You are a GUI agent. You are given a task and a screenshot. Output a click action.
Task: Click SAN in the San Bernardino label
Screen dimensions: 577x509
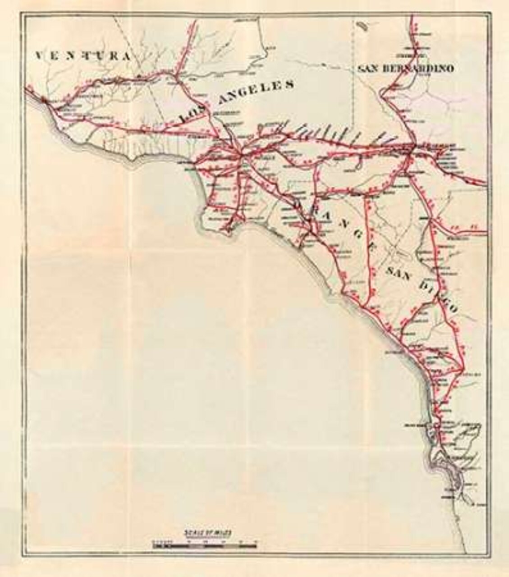(368, 69)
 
